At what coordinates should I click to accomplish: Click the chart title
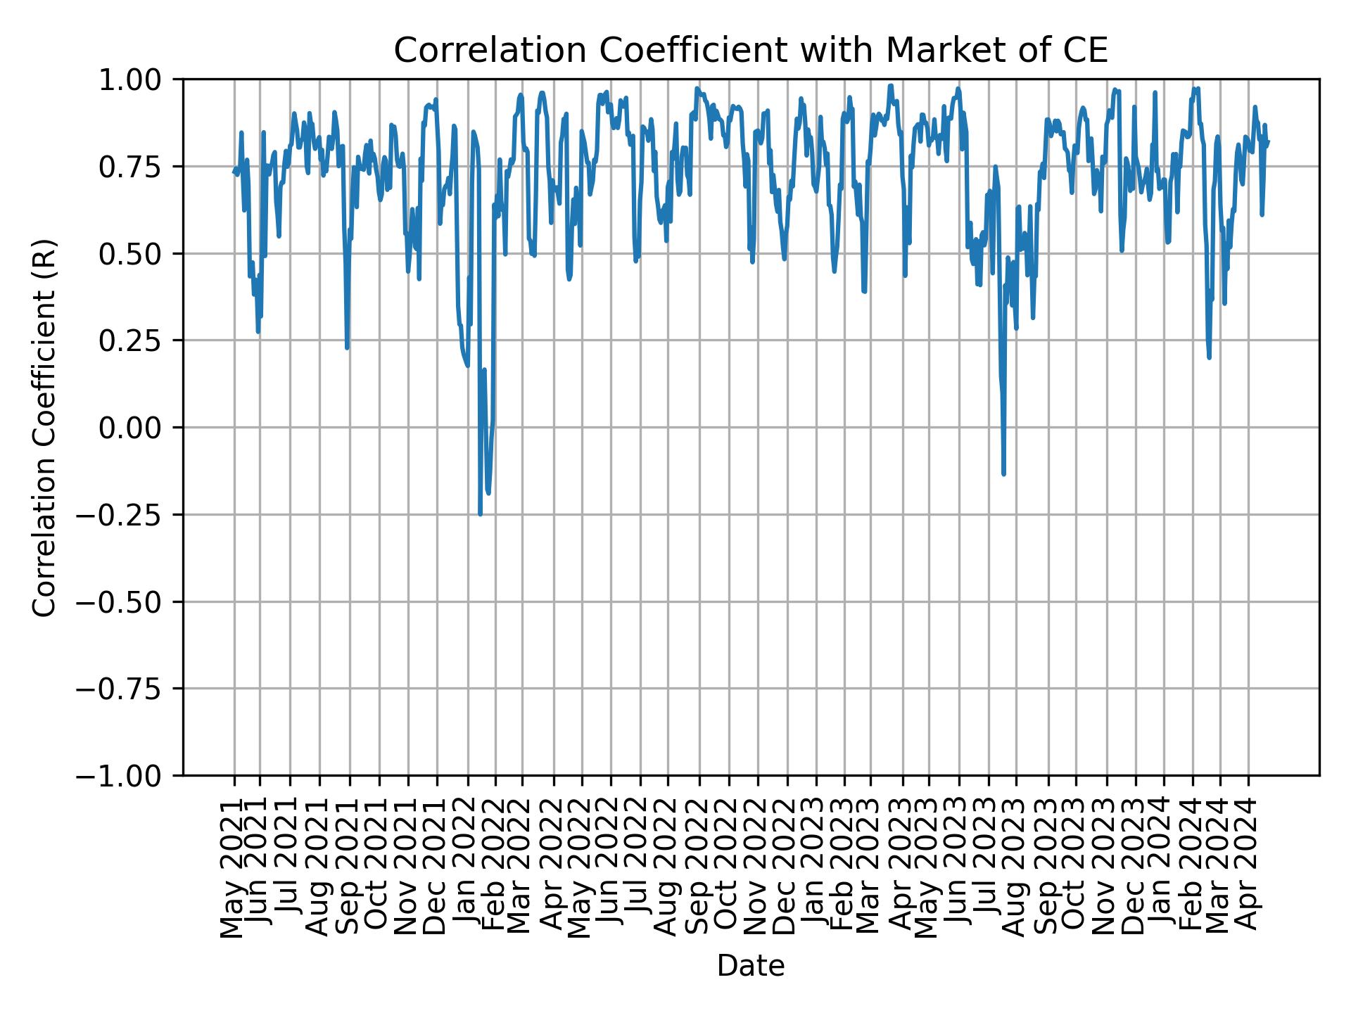pyautogui.click(x=751, y=51)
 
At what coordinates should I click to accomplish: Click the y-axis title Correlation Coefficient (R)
pyautogui.click(x=44, y=427)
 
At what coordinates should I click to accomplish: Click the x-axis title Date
pyautogui.click(x=751, y=966)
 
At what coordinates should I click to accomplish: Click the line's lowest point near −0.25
pyautogui.click(x=480, y=514)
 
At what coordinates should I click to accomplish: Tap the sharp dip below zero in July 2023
pyautogui.click(x=1003, y=473)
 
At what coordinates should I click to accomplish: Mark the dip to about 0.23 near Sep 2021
pyautogui.click(x=347, y=348)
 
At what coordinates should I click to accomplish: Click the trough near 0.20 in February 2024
pyautogui.click(x=1209, y=357)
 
